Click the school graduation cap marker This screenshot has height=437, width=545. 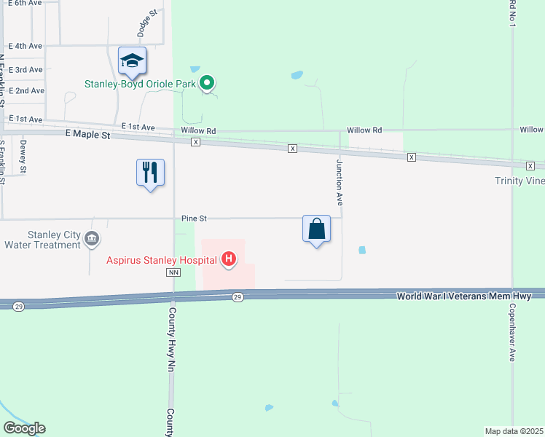pyautogui.click(x=133, y=60)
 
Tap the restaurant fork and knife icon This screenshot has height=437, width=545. pyautogui.click(x=150, y=173)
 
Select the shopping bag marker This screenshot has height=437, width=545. pyautogui.click(x=317, y=229)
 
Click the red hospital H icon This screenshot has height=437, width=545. pyautogui.click(x=229, y=259)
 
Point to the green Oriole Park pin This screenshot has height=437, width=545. pyautogui.click(x=207, y=84)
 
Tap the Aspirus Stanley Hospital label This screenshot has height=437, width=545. pyautogui.click(x=162, y=259)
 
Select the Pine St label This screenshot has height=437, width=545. pyautogui.click(x=195, y=218)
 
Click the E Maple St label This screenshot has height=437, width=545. pyautogui.click(x=87, y=135)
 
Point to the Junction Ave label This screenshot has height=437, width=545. pyautogui.click(x=339, y=179)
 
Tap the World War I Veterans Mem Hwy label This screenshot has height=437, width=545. pyautogui.click(x=470, y=296)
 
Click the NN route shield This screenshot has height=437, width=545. pyautogui.click(x=173, y=272)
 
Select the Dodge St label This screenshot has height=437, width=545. pyautogui.click(x=143, y=23)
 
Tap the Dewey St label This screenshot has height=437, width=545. pyautogui.click(x=23, y=156)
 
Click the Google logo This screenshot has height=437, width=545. pyautogui.click(x=24, y=428)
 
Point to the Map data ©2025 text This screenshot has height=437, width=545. pyautogui.click(x=514, y=430)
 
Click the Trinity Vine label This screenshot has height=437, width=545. pyautogui.click(x=519, y=181)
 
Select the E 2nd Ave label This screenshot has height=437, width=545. pyautogui.click(x=27, y=90)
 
